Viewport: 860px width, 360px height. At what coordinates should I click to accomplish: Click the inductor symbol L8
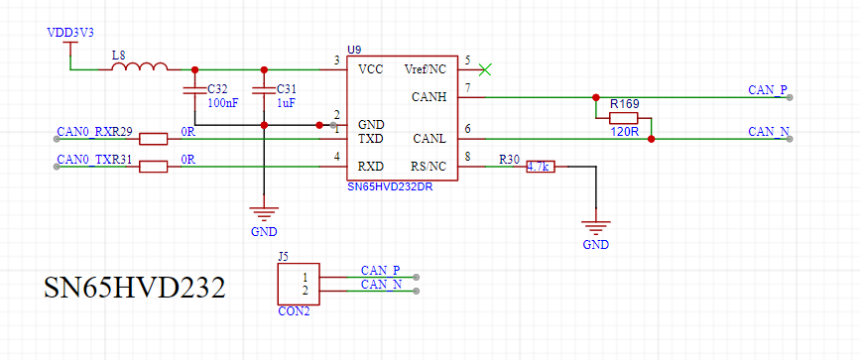(139, 66)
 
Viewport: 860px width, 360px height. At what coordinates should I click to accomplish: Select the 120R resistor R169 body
(624, 118)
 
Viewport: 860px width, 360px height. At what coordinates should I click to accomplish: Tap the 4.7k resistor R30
(541, 167)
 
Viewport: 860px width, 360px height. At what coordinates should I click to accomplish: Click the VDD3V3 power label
(70, 33)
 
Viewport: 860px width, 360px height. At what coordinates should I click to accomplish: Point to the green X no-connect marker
(485, 69)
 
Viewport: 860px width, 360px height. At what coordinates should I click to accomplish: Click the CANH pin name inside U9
(429, 97)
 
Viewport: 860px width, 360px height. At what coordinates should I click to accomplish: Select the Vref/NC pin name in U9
(426, 69)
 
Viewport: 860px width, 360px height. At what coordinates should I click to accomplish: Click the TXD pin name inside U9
(370, 139)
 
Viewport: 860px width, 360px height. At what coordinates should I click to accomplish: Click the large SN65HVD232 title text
(135, 287)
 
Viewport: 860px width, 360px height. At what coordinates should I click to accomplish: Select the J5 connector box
(299, 284)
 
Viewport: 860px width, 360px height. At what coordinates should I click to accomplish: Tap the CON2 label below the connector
(294, 310)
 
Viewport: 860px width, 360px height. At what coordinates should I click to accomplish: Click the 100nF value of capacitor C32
(222, 102)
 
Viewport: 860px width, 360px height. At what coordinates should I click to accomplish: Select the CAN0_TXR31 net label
(94, 159)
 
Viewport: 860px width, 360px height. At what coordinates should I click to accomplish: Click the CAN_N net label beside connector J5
(381, 285)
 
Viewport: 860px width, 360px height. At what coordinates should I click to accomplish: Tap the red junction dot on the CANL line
(651, 139)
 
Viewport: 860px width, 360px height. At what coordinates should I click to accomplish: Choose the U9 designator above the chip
(354, 50)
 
